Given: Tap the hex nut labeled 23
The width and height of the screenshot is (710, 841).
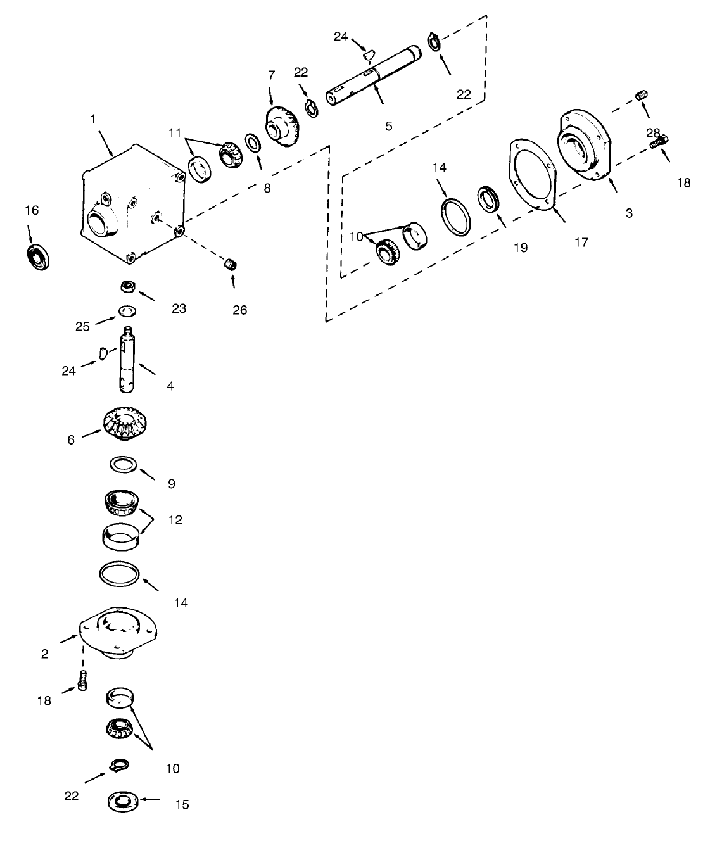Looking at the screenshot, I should coord(127,288).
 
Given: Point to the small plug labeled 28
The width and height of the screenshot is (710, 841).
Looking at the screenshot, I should coord(640,96).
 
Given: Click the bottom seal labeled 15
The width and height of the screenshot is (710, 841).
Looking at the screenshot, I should coord(123,800).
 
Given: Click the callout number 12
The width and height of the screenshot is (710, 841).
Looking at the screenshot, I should coord(175,520).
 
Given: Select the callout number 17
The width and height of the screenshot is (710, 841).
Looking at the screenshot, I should coord(581,241).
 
